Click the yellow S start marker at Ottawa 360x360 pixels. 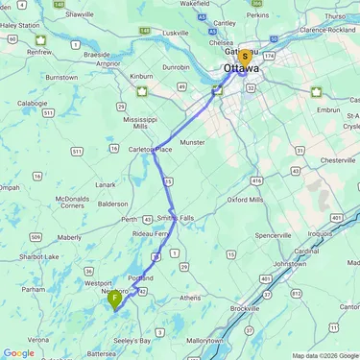(245, 58)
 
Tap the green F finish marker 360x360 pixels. (115, 299)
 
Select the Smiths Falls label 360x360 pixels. (175, 218)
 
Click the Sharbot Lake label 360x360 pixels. (40, 257)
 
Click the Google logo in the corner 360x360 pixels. (18, 352)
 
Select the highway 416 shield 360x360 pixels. (254, 180)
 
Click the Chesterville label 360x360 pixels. (339, 159)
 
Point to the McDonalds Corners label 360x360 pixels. (71, 201)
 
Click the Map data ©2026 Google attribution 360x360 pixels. (324, 355)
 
